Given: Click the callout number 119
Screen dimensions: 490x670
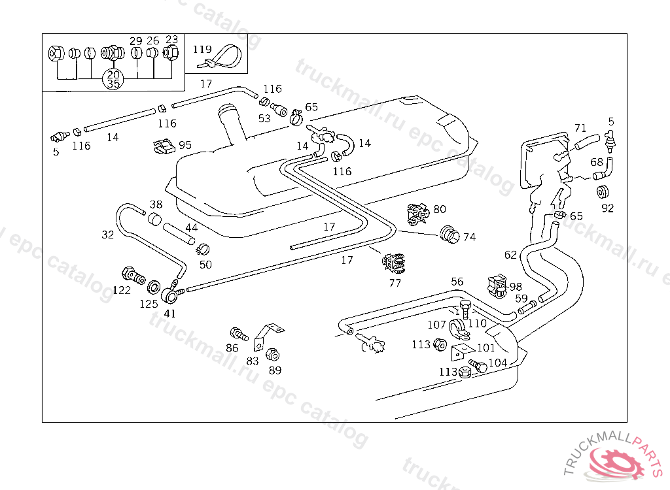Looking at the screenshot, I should point(202,48).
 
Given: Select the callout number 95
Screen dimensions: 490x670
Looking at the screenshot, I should point(185,145).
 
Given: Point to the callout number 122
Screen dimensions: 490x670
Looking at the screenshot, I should point(122,290).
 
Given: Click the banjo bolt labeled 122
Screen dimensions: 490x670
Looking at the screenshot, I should point(133,275).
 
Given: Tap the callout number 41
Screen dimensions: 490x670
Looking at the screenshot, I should point(170,313).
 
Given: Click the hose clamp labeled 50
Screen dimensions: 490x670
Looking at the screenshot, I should point(202,249).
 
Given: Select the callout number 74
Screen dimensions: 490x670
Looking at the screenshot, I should point(469,237).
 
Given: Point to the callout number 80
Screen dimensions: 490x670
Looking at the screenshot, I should point(440,209).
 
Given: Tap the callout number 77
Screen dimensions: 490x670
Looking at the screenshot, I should point(395,284).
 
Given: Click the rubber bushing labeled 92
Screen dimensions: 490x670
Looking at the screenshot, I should point(602,192).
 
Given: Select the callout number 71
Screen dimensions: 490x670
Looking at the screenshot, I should point(580,128).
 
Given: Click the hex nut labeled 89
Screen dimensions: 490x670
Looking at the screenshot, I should point(273,355).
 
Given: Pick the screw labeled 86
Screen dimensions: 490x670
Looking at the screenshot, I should point(238,335).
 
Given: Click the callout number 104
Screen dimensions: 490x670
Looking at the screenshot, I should point(498,363).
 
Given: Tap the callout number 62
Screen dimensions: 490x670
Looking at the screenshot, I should point(510,255).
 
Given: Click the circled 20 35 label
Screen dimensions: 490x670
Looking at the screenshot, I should point(113,79).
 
